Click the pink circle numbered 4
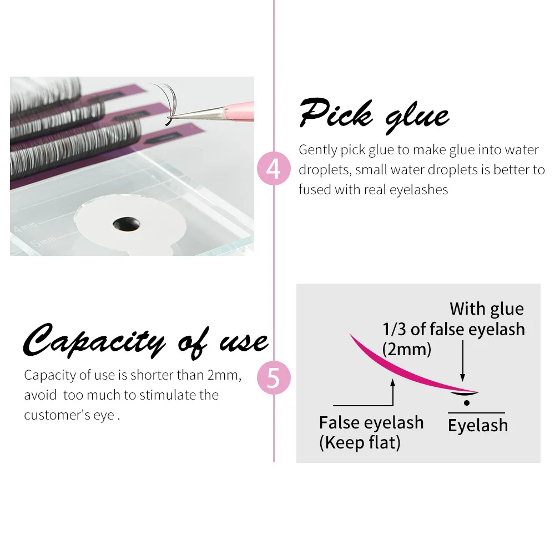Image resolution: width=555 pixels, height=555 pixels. (274, 169)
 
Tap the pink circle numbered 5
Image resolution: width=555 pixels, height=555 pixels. (274, 377)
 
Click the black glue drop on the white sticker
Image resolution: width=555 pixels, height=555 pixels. (127, 224)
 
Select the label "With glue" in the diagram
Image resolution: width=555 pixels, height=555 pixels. (487, 309)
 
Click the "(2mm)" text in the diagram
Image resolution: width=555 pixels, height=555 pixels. (407, 349)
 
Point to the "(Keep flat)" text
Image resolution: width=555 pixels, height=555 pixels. (360, 442)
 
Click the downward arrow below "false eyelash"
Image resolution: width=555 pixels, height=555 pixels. (463, 361)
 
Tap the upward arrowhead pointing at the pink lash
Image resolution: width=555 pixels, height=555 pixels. (393, 382)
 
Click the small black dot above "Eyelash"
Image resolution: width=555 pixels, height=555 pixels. (467, 403)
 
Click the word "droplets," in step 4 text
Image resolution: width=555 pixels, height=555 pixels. (325, 170)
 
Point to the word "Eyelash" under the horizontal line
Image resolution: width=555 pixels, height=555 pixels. (478, 426)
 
